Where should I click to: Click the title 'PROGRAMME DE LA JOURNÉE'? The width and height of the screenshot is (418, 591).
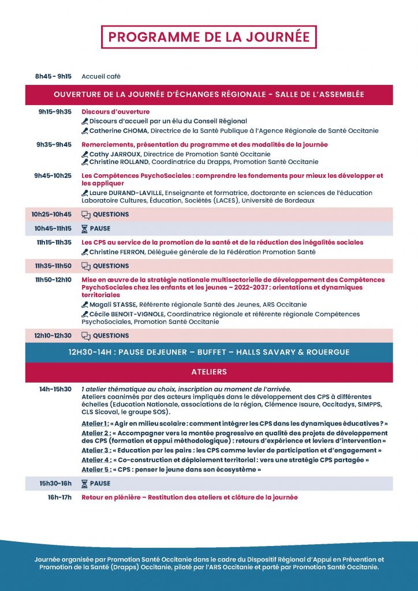(209, 37)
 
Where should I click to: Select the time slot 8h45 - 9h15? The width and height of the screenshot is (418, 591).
(53, 76)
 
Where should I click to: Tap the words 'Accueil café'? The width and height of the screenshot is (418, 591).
(101, 76)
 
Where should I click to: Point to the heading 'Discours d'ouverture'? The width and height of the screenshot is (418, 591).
(115, 112)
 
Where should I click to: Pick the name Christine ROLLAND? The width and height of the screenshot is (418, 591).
(118, 162)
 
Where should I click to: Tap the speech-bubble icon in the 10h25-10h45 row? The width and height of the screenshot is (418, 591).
(86, 215)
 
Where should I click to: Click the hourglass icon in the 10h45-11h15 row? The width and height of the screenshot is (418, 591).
(85, 229)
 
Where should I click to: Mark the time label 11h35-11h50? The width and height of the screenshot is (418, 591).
(53, 266)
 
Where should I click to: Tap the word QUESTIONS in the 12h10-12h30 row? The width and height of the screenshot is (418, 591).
(111, 336)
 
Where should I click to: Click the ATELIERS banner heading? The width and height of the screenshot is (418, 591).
(209, 372)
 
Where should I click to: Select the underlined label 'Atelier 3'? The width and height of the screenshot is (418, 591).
(95, 450)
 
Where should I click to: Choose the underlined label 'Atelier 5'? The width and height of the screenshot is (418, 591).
(95, 470)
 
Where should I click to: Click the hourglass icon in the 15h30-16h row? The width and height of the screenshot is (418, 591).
(85, 484)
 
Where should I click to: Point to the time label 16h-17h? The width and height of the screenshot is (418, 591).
(59, 498)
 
